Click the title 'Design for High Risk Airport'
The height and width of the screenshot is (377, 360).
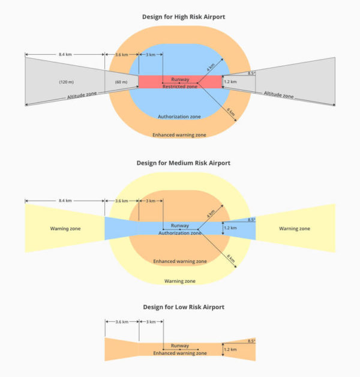coord(184,17)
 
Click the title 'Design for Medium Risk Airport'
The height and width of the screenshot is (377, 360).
coord(184,163)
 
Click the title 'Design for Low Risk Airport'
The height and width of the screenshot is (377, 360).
coord(184,307)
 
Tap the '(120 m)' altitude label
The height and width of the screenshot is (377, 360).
coord(67,82)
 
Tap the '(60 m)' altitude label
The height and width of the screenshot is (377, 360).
coord(121,82)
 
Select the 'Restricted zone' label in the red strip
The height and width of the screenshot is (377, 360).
coord(180,86)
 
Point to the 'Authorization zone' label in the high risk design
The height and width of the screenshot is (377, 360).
coord(179,116)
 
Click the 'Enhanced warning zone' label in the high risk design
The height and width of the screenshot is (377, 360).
coord(179,135)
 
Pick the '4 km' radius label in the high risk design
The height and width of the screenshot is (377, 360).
coord(211,67)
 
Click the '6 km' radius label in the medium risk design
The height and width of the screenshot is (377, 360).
coord(231,259)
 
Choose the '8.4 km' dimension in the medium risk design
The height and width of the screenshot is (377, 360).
coord(65,201)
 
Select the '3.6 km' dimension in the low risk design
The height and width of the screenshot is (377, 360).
coord(122,322)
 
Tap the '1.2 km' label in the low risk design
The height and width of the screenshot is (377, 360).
coord(230,349)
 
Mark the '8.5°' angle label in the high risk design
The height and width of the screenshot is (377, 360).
coord(251,73)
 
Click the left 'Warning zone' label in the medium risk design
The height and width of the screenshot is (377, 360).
coord(65,228)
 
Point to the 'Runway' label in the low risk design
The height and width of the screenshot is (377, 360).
coord(180,346)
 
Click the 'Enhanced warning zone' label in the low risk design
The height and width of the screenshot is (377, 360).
coord(180,353)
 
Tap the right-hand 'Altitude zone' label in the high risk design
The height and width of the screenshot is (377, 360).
coord(279,95)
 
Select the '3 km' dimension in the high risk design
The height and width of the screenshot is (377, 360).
coord(151,55)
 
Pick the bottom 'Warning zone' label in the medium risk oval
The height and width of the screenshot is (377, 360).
coord(180,281)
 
